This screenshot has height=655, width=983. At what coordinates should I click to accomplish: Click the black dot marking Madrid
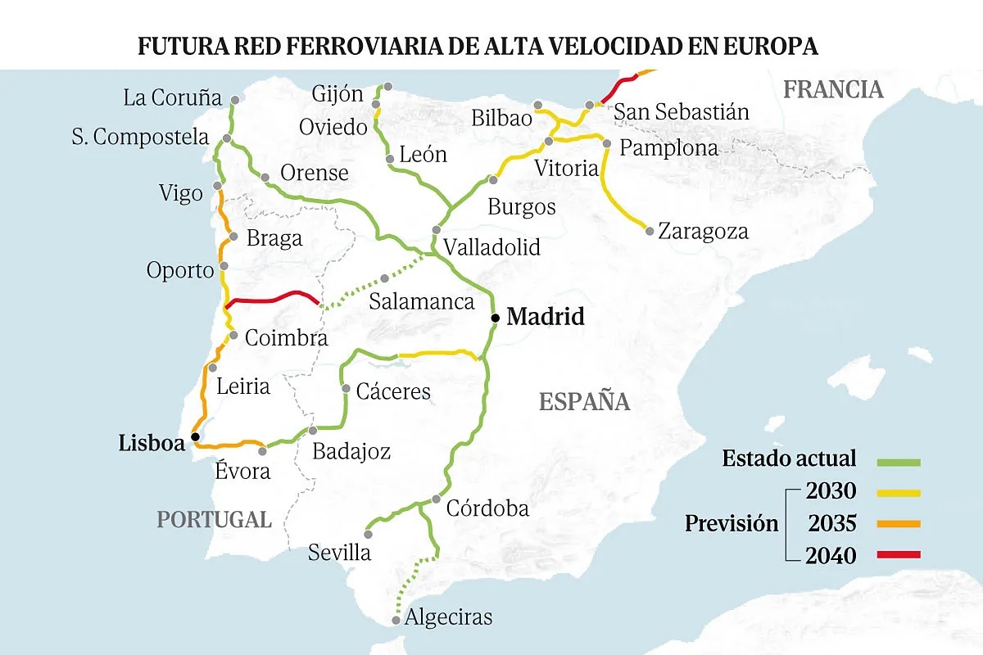click(495, 318)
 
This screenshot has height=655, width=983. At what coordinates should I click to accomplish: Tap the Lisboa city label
click(152, 444)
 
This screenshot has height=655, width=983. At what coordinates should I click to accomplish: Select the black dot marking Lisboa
click(195, 437)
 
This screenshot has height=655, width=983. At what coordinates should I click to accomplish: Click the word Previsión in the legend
click(732, 524)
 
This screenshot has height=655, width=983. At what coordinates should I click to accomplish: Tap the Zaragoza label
click(703, 232)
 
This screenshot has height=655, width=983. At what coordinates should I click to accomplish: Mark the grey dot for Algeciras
click(396, 621)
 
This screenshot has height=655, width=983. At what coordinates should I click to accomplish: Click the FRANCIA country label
click(833, 89)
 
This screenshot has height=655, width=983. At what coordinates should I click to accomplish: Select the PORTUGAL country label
click(214, 519)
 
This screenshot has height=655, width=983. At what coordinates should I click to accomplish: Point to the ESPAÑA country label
click(584, 402)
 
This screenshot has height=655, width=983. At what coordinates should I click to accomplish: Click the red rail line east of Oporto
click(270, 296)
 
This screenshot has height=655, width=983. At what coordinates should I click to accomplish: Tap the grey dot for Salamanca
click(383, 278)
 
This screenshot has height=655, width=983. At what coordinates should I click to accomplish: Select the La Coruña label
click(173, 98)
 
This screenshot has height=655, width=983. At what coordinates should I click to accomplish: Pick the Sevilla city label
click(339, 553)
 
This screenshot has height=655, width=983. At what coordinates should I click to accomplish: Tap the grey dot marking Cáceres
click(347, 389)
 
